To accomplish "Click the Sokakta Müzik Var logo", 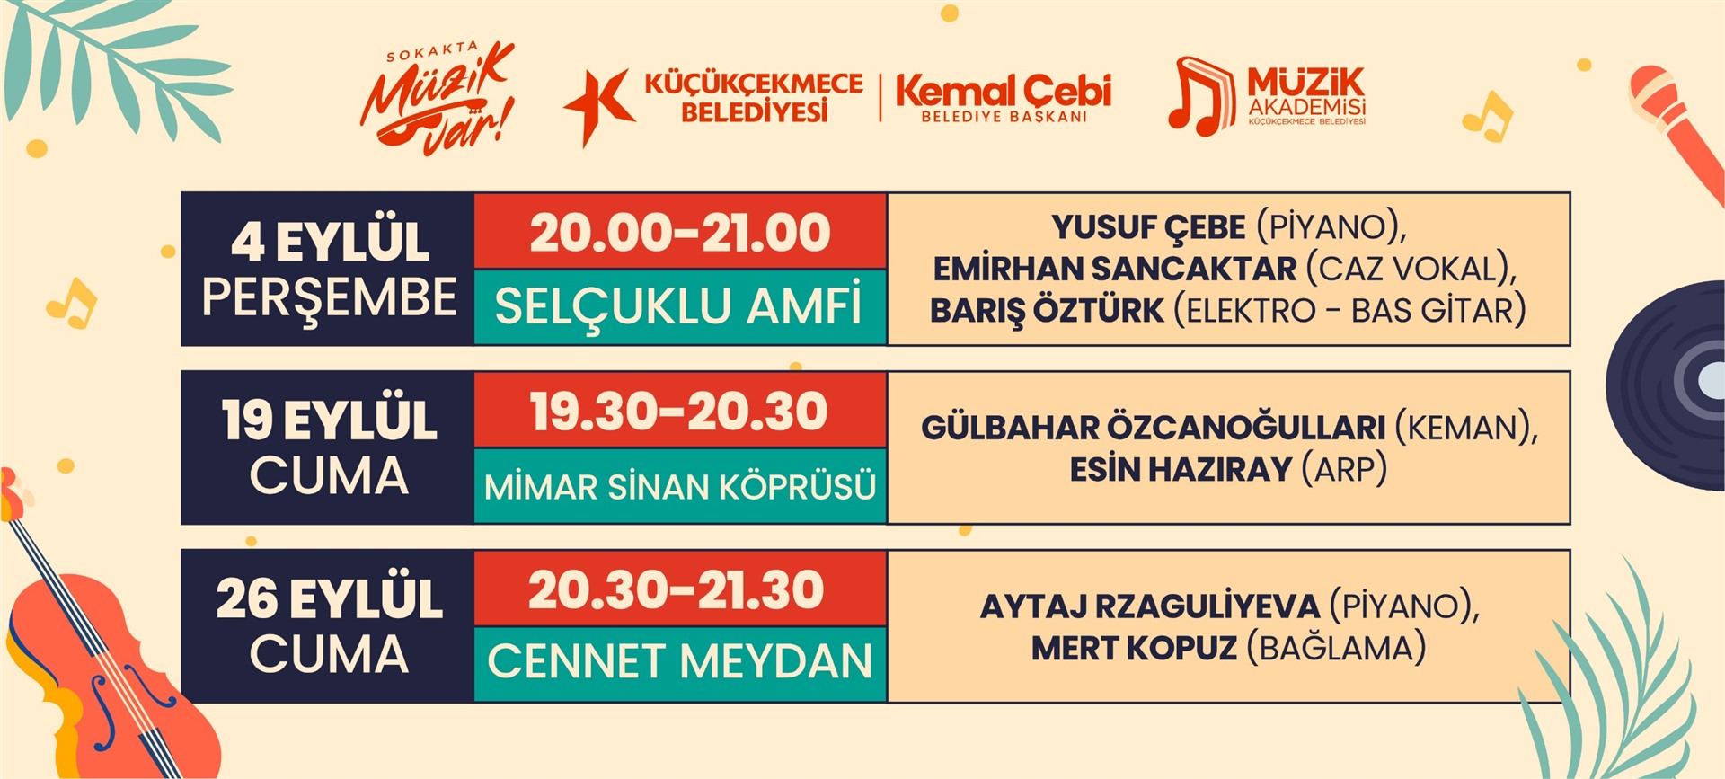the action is click(438, 97).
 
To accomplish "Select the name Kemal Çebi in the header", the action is click(1004, 91).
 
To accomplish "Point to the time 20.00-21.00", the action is click(680, 234).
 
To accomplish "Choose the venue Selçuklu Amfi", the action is click(678, 305).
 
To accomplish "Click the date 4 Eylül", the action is click(330, 242).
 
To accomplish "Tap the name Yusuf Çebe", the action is click(1149, 227).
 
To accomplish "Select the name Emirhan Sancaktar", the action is click(1115, 269).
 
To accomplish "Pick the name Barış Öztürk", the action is click(1047, 311).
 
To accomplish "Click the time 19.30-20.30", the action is click(678, 412).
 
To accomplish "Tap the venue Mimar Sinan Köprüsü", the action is click(680, 487).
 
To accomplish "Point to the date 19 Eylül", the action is click(330, 420).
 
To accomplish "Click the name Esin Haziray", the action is click(1181, 469).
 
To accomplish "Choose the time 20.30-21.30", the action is click(677, 591).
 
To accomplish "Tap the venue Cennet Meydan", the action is click(680, 662).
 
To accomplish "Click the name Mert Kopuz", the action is click(1134, 648).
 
